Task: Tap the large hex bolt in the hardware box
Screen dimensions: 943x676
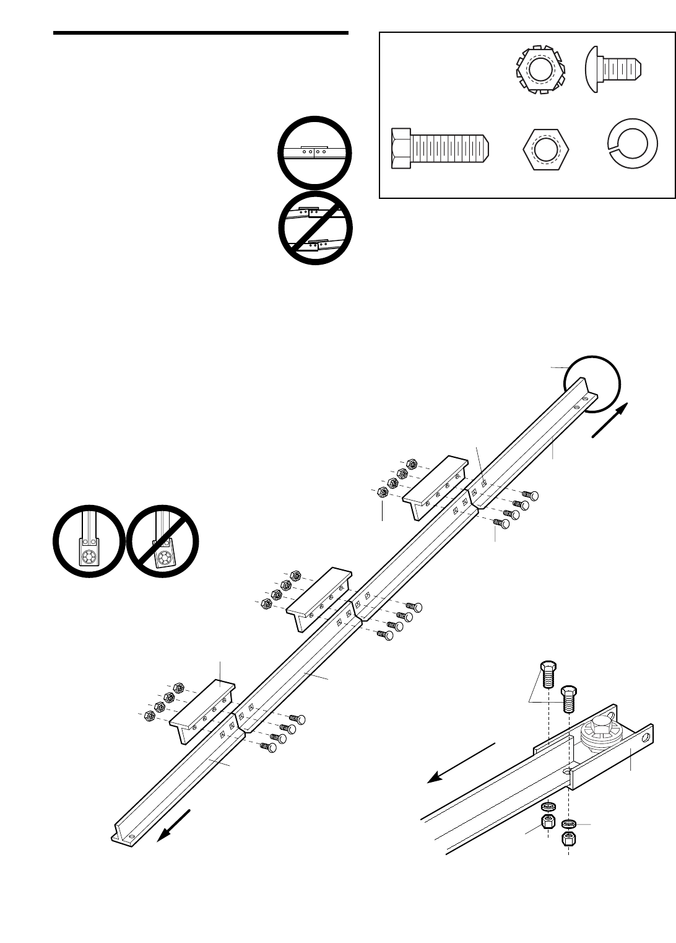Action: (x=441, y=149)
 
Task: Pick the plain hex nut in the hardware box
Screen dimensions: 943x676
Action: (x=545, y=149)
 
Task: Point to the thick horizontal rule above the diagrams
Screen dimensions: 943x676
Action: (x=201, y=32)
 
